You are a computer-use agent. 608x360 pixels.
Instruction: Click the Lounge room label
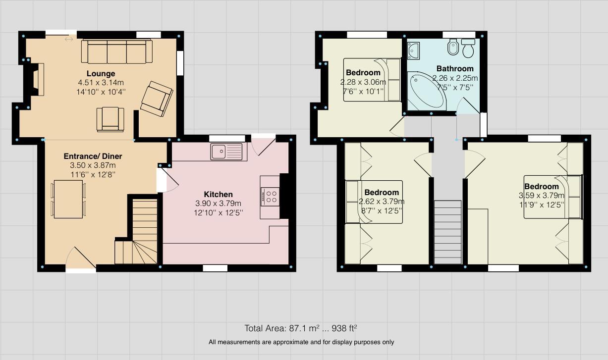pos(101,73)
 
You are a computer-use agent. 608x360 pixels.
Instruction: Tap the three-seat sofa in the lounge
pos(117,51)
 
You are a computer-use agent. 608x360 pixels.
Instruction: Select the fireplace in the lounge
pos(38,80)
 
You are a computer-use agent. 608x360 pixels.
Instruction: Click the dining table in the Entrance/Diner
pos(68,199)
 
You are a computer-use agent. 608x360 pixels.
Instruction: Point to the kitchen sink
pos(226,152)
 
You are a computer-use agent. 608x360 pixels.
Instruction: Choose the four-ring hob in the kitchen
pos(270,197)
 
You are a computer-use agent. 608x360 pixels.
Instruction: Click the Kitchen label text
pos(218,194)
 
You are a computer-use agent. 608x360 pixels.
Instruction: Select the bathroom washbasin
pos(413,51)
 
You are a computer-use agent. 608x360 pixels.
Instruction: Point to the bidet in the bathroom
pos(453,47)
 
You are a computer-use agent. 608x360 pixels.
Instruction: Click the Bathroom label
pos(455,69)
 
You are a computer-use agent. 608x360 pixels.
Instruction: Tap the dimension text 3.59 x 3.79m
pos(542,195)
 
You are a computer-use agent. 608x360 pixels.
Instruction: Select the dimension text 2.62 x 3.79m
pos(382,202)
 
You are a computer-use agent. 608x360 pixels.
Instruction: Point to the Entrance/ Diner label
pos(93,156)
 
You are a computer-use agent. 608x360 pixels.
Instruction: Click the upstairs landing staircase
pos(447,232)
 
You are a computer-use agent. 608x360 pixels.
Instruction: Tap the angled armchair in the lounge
pos(157,99)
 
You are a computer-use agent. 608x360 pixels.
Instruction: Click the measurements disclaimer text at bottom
pos(301,342)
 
